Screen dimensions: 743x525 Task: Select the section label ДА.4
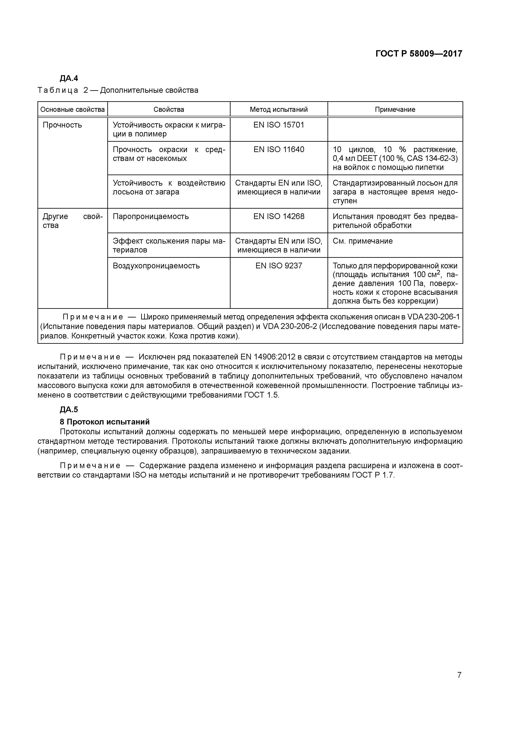pos(69,78)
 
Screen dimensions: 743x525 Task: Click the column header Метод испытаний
pos(279,109)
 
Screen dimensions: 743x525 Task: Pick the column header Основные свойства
pos(72,109)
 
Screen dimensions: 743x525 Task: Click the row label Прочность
pos(62,125)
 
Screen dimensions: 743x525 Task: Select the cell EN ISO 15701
pos(279,125)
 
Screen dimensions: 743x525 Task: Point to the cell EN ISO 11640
pos(279,150)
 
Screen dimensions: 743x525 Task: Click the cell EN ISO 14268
pos(279,216)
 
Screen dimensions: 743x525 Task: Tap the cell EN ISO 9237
pos(279,266)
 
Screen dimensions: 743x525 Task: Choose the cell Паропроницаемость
pos(151,216)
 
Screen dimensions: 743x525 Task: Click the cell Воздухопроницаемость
pos(156,266)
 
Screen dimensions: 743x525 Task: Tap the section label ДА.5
pos(69,410)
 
